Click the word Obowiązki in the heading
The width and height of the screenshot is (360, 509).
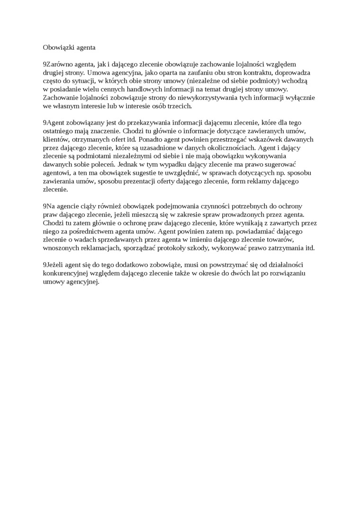click(57, 47)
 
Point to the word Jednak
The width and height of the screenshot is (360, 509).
click(128, 164)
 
